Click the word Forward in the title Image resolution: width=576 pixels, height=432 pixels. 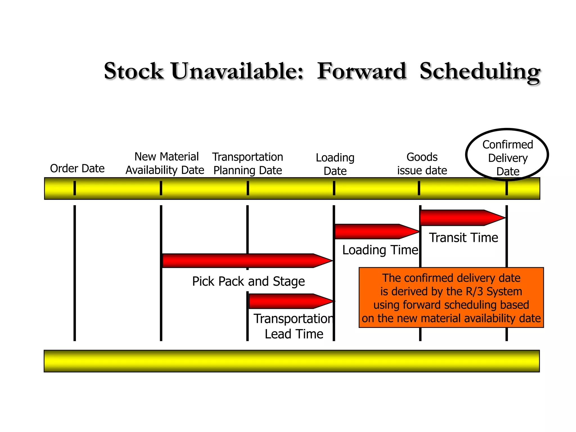click(362, 71)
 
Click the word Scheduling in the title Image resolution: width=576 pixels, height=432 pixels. click(480, 71)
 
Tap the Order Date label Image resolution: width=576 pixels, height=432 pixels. click(77, 168)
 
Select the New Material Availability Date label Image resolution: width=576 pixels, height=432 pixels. click(165, 163)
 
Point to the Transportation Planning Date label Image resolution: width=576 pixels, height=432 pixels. click(247, 164)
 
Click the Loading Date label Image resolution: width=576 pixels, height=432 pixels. click(335, 164)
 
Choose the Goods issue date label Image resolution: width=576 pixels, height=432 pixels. click(422, 164)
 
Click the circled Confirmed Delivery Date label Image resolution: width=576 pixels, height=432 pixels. click(507, 158)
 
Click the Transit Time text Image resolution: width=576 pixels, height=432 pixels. click(463, 238)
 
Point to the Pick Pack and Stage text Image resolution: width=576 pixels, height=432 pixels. click(248, 281)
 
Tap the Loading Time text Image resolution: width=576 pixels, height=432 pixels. click(380, 250)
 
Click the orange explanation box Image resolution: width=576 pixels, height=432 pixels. click(451, 298)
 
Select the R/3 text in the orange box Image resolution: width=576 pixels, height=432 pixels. click(474, 291)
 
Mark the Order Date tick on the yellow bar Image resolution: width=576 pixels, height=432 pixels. click(75, 188)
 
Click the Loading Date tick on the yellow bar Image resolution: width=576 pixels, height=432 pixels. click(334, 188)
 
